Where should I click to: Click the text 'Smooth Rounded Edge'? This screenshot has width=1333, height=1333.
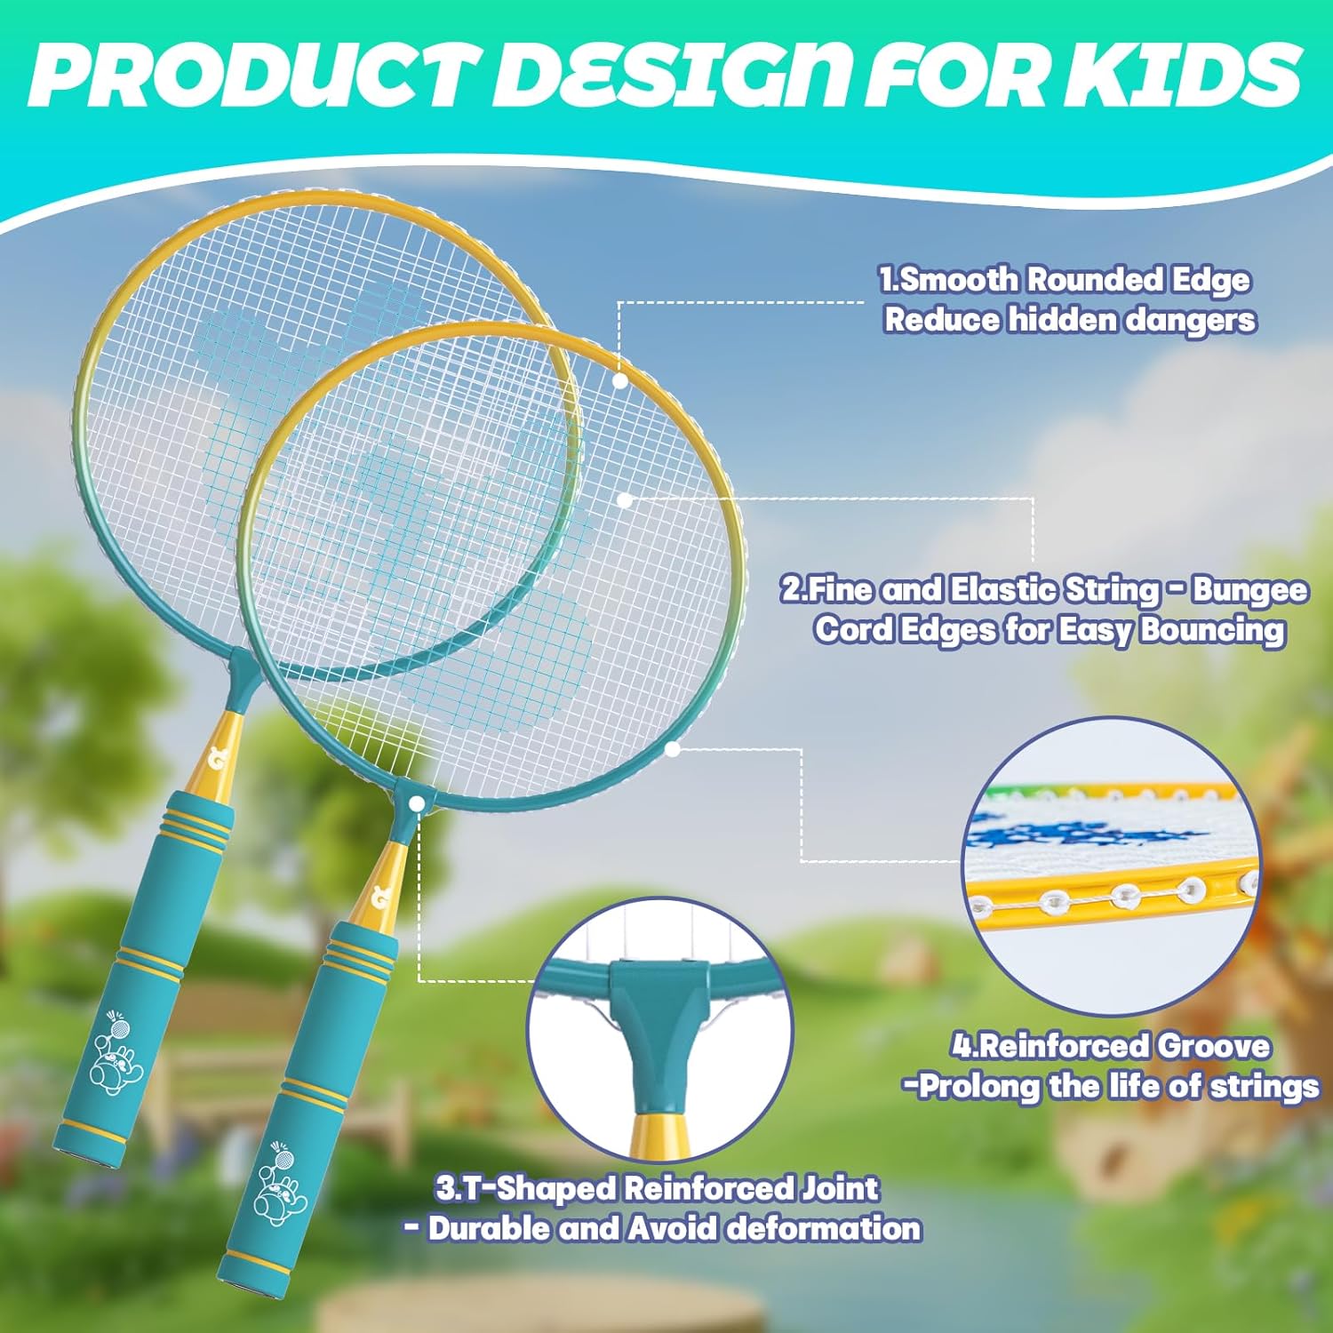coord(1075,280)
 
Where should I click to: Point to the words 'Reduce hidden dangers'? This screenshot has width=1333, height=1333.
coord(1070,319)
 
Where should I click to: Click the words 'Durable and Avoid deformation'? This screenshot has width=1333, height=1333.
coord(674,1228)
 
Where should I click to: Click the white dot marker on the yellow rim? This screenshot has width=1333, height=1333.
coord(620,380)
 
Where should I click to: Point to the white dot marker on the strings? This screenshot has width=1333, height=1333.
coord(625,501)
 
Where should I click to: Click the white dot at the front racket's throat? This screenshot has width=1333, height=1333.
coord(417,802)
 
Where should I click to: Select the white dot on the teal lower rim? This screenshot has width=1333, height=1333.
coord(673,749)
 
